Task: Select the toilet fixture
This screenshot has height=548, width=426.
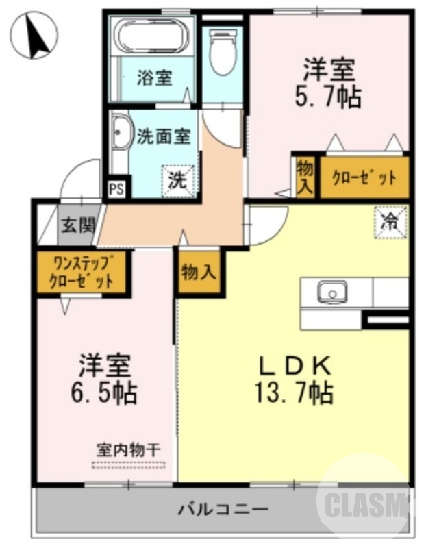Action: tap(222, 51)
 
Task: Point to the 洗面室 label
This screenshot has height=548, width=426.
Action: tap(163, 136)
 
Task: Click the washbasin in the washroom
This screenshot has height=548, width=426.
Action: tap(122, 132)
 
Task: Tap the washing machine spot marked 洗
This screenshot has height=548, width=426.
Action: tap(177, 180)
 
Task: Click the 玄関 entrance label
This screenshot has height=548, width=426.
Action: tap(77, 225)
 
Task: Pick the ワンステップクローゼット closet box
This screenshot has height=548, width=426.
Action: tap(81, 272)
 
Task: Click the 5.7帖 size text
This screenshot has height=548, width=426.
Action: tap(331, 97)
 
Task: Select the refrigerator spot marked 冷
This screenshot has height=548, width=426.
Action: tap(389, 221)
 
